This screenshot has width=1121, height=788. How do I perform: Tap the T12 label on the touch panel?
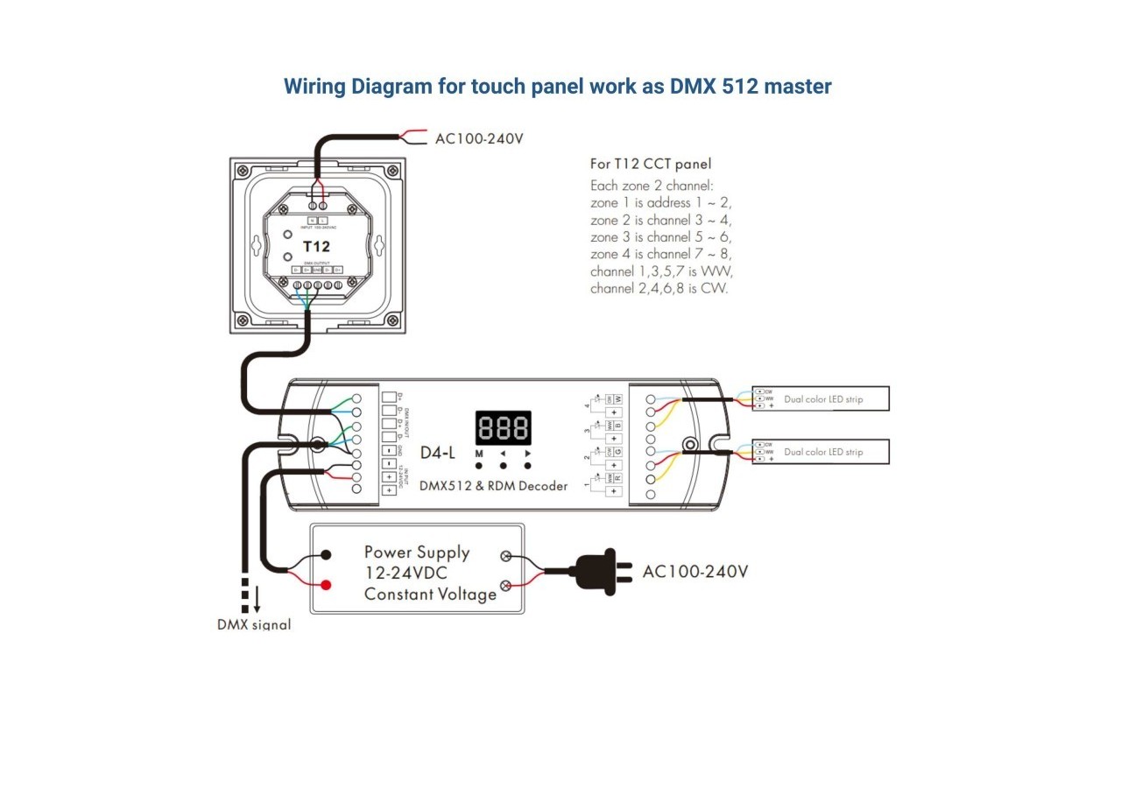pyautogui.click(x=316, y=246)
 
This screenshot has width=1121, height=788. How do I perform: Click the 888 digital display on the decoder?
pyautogui.click(x=503, y=428)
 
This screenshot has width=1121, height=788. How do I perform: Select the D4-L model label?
pyautogui.click(x=438, y=453)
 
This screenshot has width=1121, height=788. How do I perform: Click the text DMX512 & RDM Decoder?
pyautogui.click(x=493, y=486)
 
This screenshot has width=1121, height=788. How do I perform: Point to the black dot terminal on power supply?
pyautogui.click(x=326, y=555)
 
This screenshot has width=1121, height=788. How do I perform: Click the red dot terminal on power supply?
pyautogui.click(x=326, y=584)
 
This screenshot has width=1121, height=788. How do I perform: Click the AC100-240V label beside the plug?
pyautogui.click(x=695, y=572)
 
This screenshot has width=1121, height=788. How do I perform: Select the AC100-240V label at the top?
pyautogui.click(x=479, y=138)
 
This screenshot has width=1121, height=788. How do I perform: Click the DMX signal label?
pyautogui.click(x=254, y=624)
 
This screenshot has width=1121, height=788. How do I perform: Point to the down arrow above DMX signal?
pyautogui.click(x=257, y=600)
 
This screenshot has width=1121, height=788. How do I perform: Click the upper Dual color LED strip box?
pyautogui.click(x=821, y=399)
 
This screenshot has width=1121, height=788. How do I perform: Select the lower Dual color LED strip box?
pyautogui.click(x=821, y=452)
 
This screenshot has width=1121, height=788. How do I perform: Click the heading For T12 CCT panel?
pyautogui.click(x=651, y=164)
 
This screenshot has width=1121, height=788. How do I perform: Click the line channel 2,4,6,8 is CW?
pyautogui.click(x=659, y=288)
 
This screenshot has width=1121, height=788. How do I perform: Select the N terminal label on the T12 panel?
pyautogui.click(x=313, y=220)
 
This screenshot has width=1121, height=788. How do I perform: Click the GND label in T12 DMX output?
pyautogui.click(x=317, y=270)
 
